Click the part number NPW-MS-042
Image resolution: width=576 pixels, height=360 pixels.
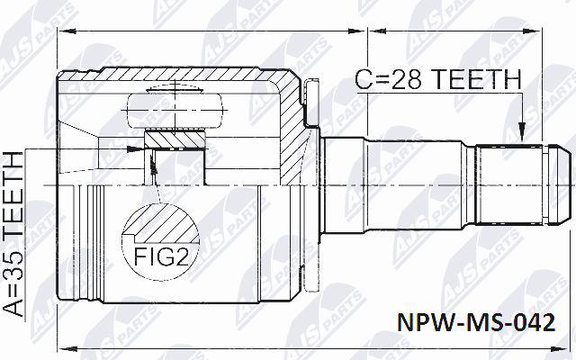coord(476,323)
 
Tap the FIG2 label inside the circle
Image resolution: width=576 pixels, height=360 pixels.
coord(161,256)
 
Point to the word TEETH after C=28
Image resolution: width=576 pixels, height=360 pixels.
coord(475,79)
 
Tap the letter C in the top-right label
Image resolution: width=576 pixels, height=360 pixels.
coord(364,79)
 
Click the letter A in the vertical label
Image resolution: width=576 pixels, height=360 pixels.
coord(13,308)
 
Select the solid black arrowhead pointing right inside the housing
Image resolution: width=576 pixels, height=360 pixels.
coord(135,148)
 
